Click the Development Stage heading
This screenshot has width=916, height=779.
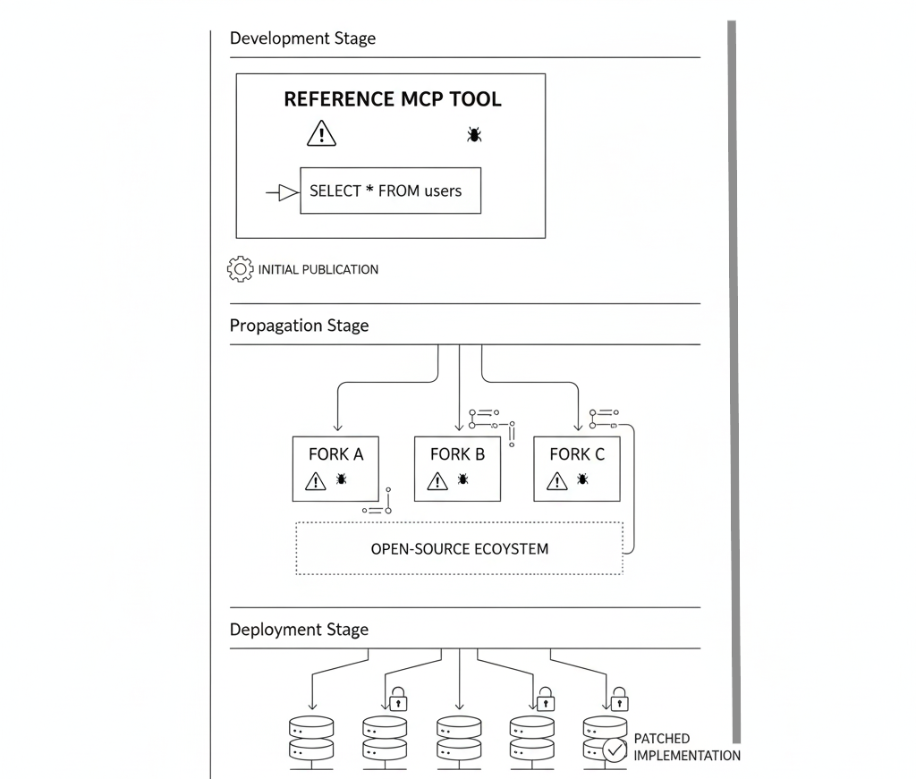click(x=302, y=38)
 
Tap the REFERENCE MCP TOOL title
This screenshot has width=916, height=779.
click(x=392, y=99)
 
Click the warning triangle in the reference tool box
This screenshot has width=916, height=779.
click(x=321, y=134)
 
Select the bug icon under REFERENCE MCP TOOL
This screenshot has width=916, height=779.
click(x=474, y=134)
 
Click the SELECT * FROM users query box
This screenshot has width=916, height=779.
click(x=390, y=191)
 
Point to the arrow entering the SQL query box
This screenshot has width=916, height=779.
click(x=283, y=191)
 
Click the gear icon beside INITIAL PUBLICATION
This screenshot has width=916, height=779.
click(x=241, y=269)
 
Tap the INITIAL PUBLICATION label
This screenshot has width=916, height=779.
click(x=318, y=269)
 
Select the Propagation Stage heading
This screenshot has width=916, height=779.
click(x=299, y=326)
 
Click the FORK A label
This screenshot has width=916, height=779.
click(x=335, y=454)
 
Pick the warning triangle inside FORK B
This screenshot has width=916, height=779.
click(x=437, y=481)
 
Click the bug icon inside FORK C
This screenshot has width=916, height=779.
click(x=582, y=479)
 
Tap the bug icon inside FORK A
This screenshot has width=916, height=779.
click(x=342, y=479)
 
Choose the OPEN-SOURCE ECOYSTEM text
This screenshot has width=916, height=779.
click(x=459, y=548)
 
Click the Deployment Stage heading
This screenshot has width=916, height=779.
click(x=299, y=630)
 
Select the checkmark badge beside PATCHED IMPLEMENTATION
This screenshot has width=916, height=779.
click(x=615, y=749)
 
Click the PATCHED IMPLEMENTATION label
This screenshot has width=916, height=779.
click(x=686, y=747)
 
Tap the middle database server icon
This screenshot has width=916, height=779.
click(x=459, y=738)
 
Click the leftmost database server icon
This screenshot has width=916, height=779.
click(x=310, y=738)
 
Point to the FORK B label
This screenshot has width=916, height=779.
click(x=457, y=454)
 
